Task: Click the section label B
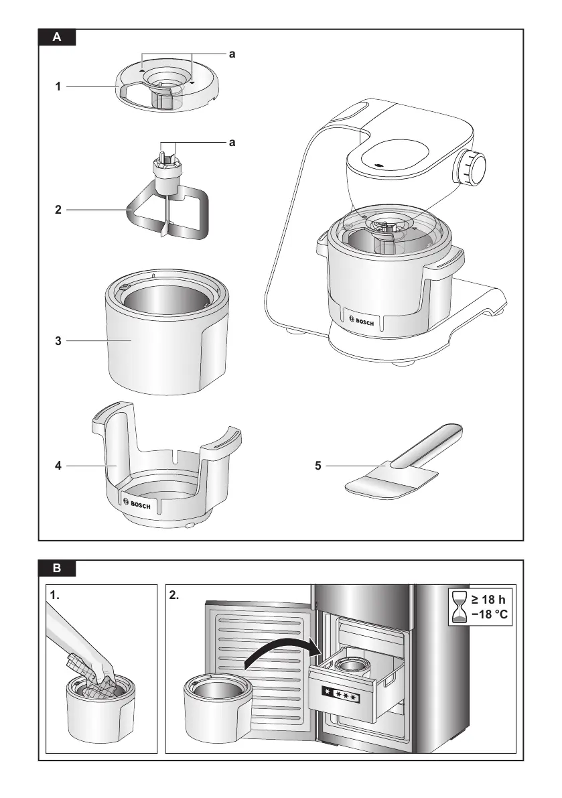(57, 569)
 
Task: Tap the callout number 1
(59, 86)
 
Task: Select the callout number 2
(59, 210)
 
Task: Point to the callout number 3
(59, 341)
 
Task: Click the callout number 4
(59, 465)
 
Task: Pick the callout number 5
(318, 465)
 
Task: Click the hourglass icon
(459, 607)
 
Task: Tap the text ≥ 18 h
(489, 599)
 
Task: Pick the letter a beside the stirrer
(232, 143)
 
